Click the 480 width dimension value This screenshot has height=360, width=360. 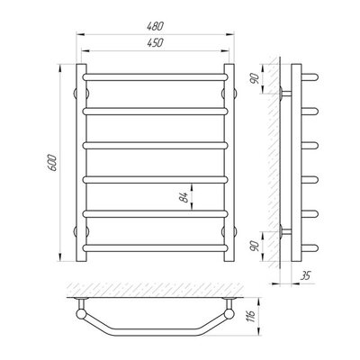pos(155,26)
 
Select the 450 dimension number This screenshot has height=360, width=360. pos(155,43)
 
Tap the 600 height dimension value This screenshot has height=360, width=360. pos(52,163)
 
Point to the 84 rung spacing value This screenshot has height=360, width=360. pos(184,197)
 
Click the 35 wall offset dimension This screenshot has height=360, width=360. pos(305,275)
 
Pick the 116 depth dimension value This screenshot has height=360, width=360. pos(251,316)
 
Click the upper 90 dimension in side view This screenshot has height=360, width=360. pos(255,78)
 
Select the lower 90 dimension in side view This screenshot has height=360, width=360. pos(255,247)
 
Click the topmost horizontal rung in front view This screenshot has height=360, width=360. pos(155,77)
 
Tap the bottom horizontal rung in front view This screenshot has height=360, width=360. pos(155,248)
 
